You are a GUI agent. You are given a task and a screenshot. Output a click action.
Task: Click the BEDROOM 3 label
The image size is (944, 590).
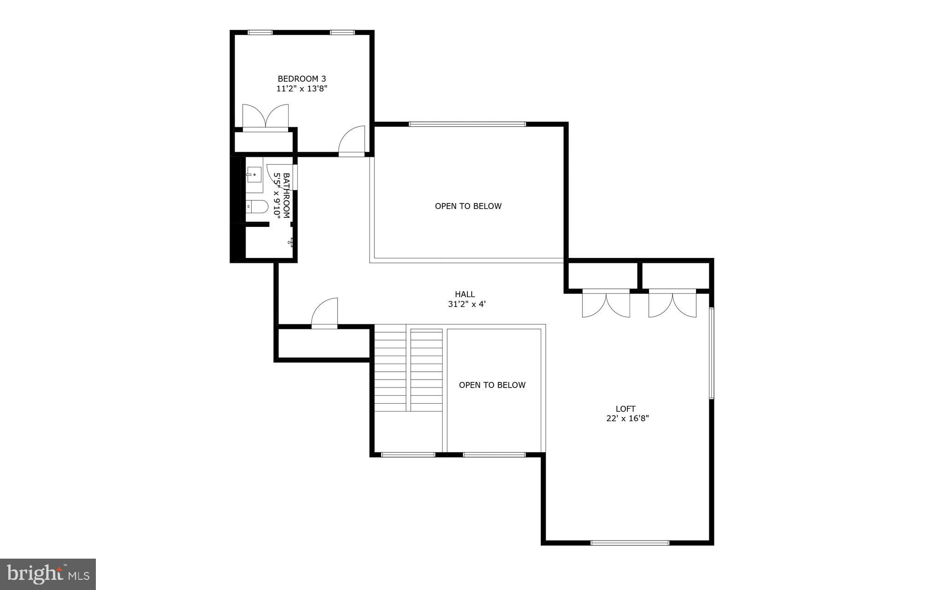[301, 79]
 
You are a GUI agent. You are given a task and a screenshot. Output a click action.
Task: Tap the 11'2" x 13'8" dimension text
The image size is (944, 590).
[301, 89]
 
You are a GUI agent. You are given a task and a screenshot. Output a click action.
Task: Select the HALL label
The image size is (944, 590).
[465, 294]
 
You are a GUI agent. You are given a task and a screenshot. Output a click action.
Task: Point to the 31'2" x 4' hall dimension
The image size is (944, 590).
[467, 304]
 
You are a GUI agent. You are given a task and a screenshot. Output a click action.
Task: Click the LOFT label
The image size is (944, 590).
[625, 409]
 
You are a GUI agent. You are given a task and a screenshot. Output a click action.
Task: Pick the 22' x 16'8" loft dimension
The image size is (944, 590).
[627, 419]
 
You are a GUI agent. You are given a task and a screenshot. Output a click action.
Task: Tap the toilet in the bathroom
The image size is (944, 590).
[257, 207]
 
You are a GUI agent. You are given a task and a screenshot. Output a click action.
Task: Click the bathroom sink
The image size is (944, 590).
[254, 175]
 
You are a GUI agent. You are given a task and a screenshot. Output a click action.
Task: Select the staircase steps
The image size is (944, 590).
[408, 369]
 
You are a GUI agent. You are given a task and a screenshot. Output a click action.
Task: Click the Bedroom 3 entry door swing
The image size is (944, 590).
[353, 141]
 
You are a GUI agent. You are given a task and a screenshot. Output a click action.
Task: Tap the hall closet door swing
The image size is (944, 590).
[325, 313]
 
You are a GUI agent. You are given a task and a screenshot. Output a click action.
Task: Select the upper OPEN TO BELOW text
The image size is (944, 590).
[468, 206]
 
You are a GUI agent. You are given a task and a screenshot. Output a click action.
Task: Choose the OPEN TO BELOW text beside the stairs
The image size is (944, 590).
[492, 385]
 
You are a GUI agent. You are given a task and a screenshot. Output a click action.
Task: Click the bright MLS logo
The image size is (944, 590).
[48, 574]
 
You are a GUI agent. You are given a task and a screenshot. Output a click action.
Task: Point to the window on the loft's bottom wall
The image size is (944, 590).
[630, 543]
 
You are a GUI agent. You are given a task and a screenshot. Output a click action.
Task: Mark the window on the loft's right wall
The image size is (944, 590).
[711, 353]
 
